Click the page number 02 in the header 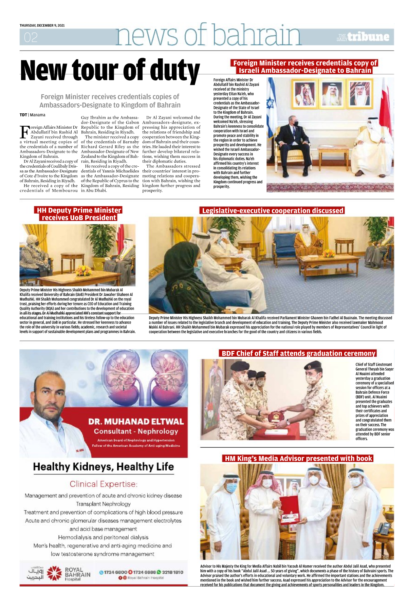(x=31, y=37)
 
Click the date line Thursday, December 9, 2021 (x=42, y=25)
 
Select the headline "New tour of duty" (x=110, y=70)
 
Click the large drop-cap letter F (x=24, y=132)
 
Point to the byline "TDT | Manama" (x=32, y=115)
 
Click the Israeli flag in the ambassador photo (x=271, y=98)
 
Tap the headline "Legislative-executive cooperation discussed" (x=272, y=210)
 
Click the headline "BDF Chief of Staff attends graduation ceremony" (x=298, y=353)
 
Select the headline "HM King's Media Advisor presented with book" (x=298, y=459)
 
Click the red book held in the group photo (x=290, y=509)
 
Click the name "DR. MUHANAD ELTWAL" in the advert (x=136, y=422)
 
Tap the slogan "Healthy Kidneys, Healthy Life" (x=104, y=467)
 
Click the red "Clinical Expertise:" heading (x=104, y=484)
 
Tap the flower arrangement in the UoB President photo (x=83, y=270)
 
